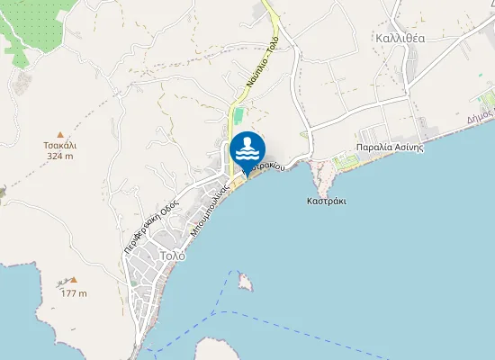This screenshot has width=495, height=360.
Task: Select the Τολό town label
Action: tap(171, 256)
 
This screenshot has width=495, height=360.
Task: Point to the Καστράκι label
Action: tap(326, 202)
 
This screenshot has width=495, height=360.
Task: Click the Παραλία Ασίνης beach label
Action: tap(389, 148)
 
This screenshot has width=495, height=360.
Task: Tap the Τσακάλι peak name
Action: tap(60, 144)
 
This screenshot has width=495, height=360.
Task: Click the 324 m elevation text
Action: tap(60, 156)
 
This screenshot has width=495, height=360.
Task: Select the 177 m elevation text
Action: tap(74, 293)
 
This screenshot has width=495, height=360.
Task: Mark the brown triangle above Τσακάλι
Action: tap(60, 132)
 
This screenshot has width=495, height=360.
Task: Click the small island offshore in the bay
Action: tap(244, 283)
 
